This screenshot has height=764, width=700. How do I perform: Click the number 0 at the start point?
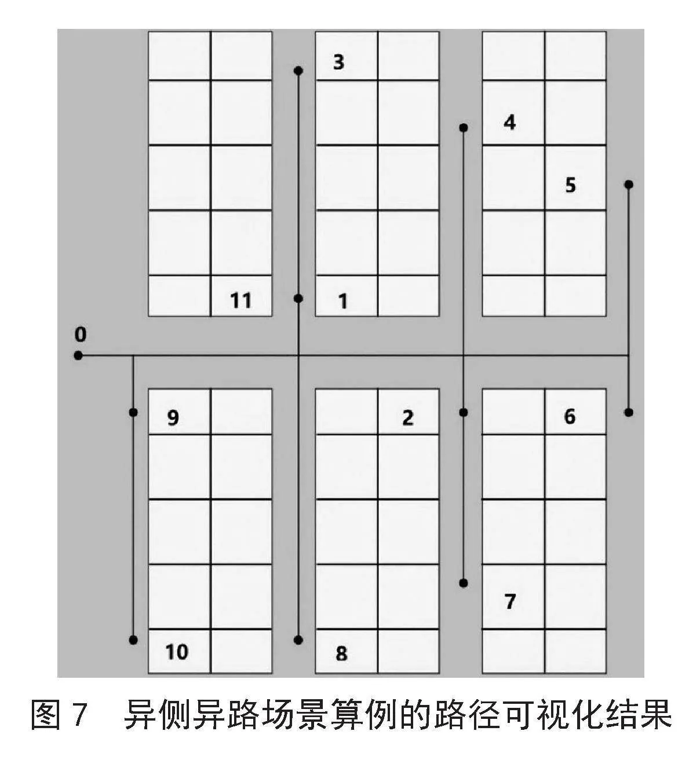pos(81,335)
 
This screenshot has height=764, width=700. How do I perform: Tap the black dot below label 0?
pos(78,356)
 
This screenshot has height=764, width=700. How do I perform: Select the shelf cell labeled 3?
pos(347,56)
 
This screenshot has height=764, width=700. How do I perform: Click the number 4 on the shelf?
pos(510,123)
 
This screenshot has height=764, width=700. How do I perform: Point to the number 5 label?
pos(570,185)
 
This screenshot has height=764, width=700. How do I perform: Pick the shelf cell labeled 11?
pos(242,296)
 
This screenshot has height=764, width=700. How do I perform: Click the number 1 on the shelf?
pos(343,301)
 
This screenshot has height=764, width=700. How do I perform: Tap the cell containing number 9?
pos(179,412)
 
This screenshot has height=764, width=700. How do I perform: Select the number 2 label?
pos(408,418)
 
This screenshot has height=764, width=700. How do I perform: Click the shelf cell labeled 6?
pos(575,412)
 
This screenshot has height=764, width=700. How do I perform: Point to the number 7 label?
pos(511,601)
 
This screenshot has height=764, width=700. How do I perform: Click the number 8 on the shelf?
pos(341,653)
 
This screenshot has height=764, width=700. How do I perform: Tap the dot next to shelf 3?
pos(298,71)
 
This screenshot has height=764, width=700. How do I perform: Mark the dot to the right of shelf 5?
pos(629,185)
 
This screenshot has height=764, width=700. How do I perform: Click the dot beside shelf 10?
pos(133,640)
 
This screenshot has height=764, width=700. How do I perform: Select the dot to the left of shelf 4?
pos(464,127)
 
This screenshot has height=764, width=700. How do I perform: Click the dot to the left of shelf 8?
pos(298,640)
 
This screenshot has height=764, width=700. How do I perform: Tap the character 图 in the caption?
pos(46,715)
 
